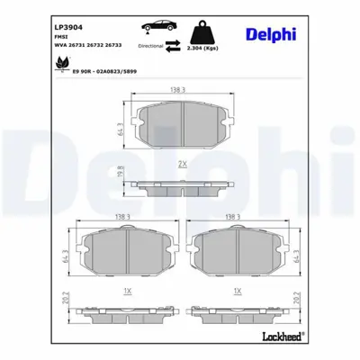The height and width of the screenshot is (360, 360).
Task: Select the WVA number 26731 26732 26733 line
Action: pos(87,46)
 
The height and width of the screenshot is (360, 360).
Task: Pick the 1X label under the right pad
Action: pos(237,291)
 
